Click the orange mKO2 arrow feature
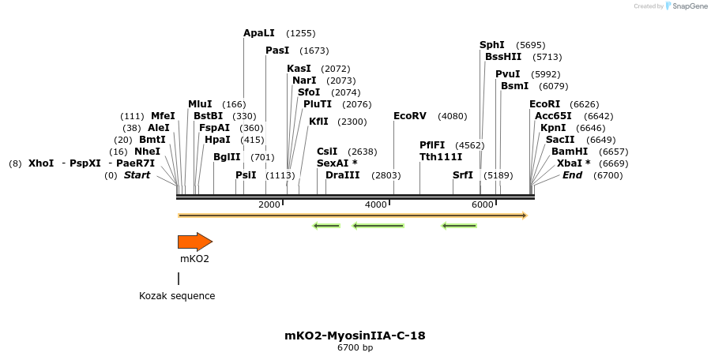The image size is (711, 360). click(194, 242)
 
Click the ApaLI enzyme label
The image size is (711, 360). click(259, 33)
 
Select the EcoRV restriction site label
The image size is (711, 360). click(409, 116)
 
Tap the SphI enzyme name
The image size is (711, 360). click(491, 45)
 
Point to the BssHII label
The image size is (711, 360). click(503, 57)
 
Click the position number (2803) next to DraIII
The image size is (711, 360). click(386, 175)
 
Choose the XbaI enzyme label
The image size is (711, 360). click(570, 163)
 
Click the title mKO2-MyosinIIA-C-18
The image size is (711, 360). click(355, 336)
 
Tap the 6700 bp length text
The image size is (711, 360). click(355, 347)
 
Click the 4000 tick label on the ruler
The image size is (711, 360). click(376, 204)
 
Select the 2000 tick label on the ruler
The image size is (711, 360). click(269, 204)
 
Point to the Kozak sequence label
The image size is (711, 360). click(177, 296)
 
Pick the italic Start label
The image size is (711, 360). click(137, 175)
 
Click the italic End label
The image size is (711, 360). click(572, 175)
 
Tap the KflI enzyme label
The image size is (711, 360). click(318, 122)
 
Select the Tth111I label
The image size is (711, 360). click(441, 157)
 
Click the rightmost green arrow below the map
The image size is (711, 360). click(459, 226)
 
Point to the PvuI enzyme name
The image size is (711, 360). click(508, 74)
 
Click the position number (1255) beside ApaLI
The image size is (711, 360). click(301, 33)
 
